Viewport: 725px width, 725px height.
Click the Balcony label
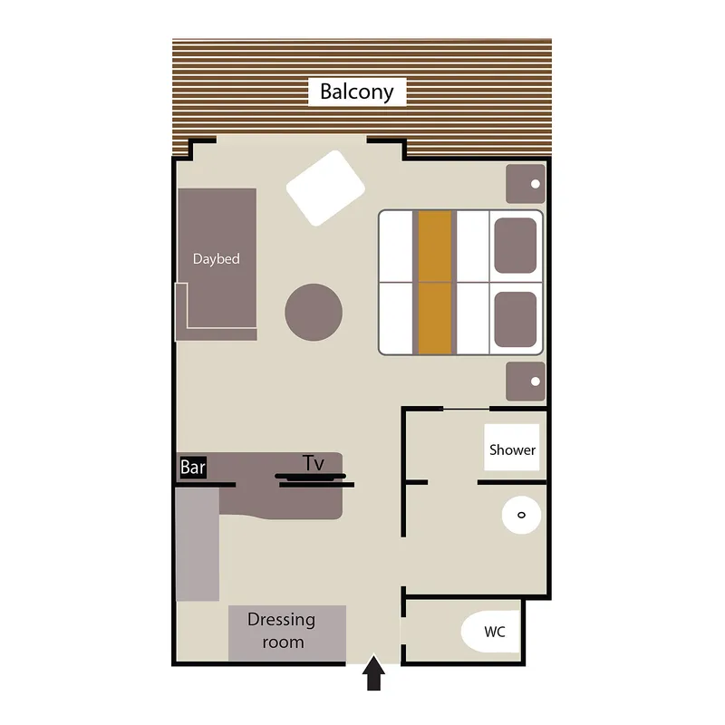(x=357, y=92)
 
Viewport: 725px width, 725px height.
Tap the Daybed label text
(x=216, y=259)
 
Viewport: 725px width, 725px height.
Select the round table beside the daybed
(x=314, y=312)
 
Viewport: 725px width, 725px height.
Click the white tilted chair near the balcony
(x=325, y=188)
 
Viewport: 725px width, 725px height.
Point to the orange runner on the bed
(x=434, y=282)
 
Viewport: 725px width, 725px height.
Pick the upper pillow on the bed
(x=515, y=245)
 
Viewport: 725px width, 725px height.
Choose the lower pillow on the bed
(x=515, y=317)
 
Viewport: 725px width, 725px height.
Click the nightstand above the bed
(x=525, y=184)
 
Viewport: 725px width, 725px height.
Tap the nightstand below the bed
(x=525, y=381)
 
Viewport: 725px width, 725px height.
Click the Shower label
(x=512, y=449)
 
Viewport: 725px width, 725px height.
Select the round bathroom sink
(x=521, y=515)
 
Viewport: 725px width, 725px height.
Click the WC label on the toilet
(x=494, y=632)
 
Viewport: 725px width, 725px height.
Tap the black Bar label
(x=193, y=468)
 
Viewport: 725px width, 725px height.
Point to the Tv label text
(x=314, y=463)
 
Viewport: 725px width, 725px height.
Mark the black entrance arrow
(x=373, y=675)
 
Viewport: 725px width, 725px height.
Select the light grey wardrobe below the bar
(x=198, y=544)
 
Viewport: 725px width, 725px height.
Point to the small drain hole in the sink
(x=521, y=515)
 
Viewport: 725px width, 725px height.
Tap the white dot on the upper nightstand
(x=536, y=184)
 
